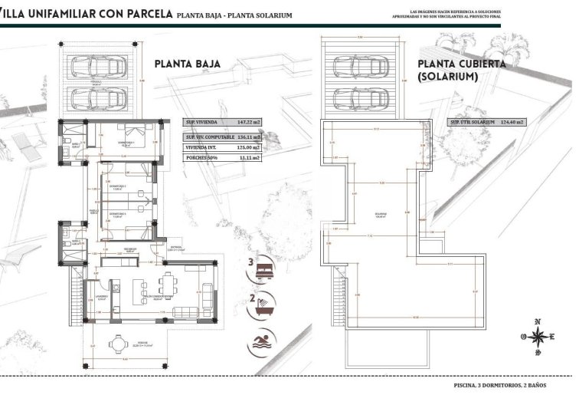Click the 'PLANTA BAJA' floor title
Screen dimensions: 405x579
(x=188, y=64)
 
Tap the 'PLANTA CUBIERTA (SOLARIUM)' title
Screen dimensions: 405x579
(x=461, y=71)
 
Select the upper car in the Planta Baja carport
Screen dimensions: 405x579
(x=100, y=67)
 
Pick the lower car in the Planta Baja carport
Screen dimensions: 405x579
(x=100, y=98)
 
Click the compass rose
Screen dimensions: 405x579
(x=540, y=336)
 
